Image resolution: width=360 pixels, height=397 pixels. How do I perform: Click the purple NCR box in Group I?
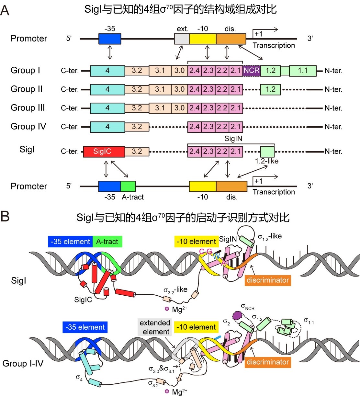[252, 71]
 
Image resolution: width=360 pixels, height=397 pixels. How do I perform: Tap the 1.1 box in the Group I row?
[303, 71]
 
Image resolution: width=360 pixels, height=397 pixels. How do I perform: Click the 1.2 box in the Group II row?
[270, 89]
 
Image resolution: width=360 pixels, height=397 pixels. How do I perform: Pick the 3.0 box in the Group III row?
[179, 108]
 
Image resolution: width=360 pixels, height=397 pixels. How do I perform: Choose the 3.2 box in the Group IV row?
[137, 127]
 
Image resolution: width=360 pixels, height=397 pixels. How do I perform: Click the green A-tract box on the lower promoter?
[128, 186]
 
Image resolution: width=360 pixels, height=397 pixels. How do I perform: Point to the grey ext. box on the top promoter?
[182, 39]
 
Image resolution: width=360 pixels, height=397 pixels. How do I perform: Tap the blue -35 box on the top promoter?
[110, 39]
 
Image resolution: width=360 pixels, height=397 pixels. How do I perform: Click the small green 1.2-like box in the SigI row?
[267, 152]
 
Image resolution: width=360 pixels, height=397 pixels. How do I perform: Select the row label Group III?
[28, 108]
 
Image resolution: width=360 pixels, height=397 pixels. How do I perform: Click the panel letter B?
[5, 216]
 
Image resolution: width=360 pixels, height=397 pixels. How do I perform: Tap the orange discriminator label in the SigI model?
[267, 280]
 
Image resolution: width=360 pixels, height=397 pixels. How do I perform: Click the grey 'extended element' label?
[155, 327]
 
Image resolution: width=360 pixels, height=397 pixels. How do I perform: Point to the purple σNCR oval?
[238, 315]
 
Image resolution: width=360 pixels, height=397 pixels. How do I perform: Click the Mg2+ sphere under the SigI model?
[167, 309]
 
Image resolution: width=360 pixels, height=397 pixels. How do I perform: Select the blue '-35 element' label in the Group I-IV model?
[85, 327]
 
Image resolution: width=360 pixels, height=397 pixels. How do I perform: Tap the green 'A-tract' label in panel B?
[107, 242]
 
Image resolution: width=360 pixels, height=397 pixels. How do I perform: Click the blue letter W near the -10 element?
[216, 256]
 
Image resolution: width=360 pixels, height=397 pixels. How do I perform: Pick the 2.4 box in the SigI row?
[194, 152]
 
